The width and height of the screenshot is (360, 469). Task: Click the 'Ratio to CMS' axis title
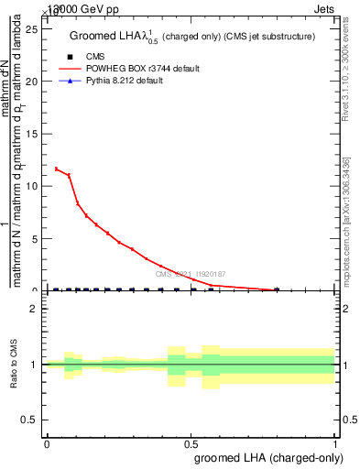point(13,364)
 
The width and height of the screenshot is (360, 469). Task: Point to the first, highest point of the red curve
point(56,169)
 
